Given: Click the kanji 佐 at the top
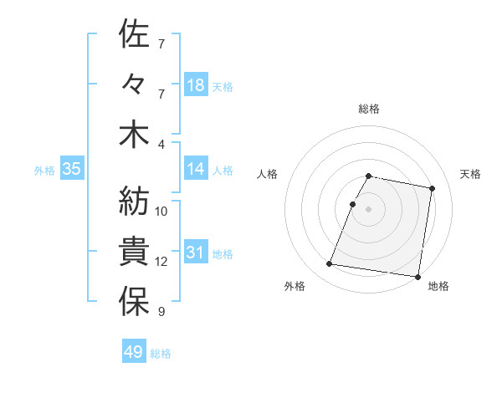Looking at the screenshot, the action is [x=134, y=34].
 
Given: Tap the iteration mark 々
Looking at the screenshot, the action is [x=134, y=85].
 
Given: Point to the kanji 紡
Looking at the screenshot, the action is [x=134, y=202].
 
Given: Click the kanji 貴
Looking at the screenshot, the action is [x=134, y=252].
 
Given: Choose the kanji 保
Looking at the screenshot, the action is [x=134, y=303].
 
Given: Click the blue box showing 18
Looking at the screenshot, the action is [x=195, y=85].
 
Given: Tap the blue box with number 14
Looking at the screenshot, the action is [x=195, y=170].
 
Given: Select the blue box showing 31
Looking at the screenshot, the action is [x=195, y=253].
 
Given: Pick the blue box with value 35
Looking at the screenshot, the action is [x=72, y=170].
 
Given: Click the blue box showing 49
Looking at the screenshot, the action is [x=134, y=352].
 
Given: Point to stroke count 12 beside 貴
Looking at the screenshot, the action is [x=161, y=262].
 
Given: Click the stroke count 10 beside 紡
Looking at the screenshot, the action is [x=161, y=212].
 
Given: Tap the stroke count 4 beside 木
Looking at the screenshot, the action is [x=161, y=144].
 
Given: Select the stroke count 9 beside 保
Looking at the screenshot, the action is [x=161, y=313].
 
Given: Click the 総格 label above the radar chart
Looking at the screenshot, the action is [x=369, y=109].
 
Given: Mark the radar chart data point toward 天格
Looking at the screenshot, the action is [x=432, y=189].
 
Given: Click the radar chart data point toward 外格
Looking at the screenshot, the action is [x=330, y=264].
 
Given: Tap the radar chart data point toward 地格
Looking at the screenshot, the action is [x=417, y=276].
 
